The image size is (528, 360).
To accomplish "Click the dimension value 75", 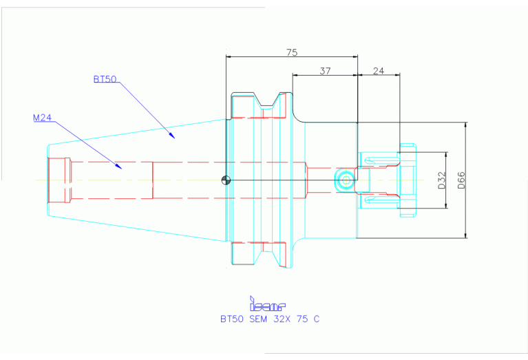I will click(x=292, y=52).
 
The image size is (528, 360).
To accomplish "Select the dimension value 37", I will click(x=325, y=70).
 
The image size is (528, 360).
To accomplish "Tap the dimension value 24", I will click(x=379, y=70).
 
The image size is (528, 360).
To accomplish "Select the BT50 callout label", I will click(x=105, y=79).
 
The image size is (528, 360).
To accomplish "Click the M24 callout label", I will click(x=43, y=118).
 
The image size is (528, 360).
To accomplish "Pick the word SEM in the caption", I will click(x=255, y=319).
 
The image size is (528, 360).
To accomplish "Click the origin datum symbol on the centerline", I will click(x=226, y=180).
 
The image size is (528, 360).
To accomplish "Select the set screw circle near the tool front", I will click(x=344, y=181).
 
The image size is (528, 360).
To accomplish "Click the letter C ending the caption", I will click(x=316, y=319).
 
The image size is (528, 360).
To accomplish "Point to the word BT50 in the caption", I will click(x=232, y=319).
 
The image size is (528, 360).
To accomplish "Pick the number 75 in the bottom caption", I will click(x=300, y=319).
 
